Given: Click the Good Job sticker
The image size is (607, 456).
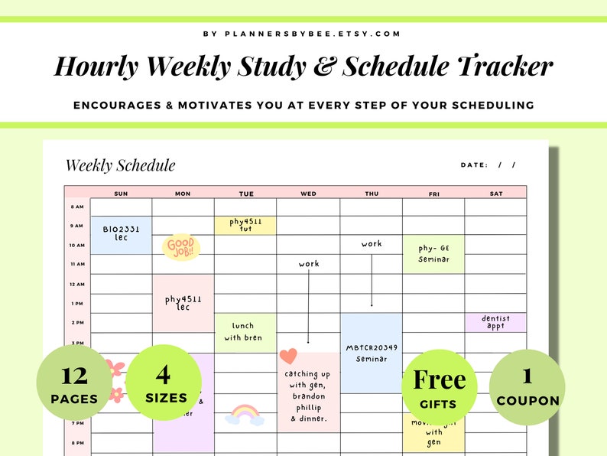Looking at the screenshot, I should tap(180, 247).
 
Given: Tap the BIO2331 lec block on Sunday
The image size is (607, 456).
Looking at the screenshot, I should tap(121, 234).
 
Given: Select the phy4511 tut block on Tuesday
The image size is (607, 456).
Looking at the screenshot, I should tap(245, 225).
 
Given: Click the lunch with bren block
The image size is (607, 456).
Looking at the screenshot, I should tap(245, 332).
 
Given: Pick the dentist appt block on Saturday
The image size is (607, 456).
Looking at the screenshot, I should tap(495, 322).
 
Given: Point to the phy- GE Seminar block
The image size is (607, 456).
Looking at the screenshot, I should tap(433, 253).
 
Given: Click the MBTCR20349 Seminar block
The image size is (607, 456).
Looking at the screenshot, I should tap(372, 353).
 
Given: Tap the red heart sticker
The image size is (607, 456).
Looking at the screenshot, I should tap(288, 356).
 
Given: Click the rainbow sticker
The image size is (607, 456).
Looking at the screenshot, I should tap(245, 415).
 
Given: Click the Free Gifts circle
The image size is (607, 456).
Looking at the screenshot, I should tap(439, 387).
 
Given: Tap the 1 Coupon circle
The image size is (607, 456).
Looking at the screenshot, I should tap(527, 387).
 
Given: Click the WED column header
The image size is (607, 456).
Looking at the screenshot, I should tap(308, 194).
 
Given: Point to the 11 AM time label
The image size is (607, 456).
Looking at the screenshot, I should tap(77, 264).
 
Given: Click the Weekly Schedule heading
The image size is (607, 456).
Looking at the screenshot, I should tap(120, 165).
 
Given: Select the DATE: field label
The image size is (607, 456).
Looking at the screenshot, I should tap(473, 164).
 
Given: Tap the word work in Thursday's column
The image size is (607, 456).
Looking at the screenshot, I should tap(372, 244).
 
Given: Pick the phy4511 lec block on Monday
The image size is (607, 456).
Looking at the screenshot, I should tap(183, 303).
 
